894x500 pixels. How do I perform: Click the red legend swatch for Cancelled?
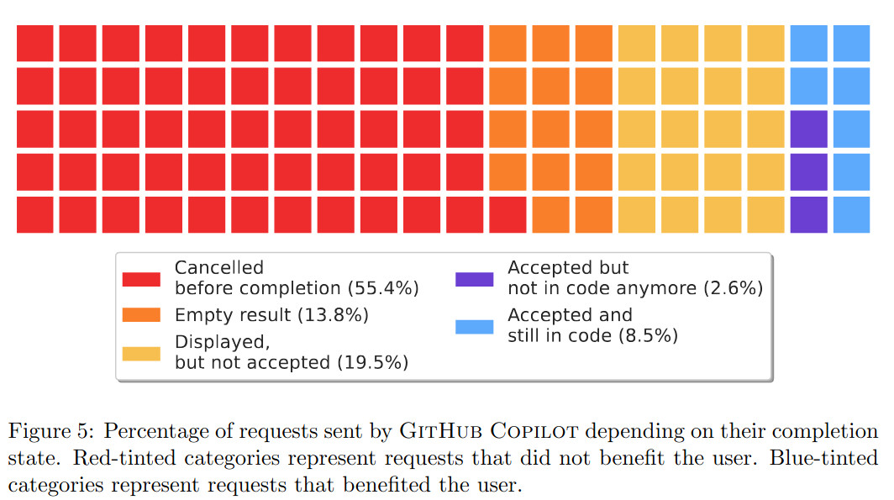[x=141, y=279]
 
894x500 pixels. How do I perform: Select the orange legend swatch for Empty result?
[x=141, y=315]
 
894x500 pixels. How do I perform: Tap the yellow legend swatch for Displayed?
[x=141, y=353]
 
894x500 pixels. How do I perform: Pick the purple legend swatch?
[x=474, y=279]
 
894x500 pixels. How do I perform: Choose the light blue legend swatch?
[x=474, y=326]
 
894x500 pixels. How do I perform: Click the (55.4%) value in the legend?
[x=383, y=288]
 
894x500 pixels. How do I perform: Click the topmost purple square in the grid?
[x=809, y=129]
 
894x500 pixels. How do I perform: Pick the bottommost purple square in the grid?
[x=809, y=214]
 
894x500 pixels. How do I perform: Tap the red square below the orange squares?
[x=507, y=214]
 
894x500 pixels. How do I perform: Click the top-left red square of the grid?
[x=35, y=43]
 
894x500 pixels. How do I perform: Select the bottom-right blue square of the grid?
[x=852, y=214]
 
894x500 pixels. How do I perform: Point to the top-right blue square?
[x=852, y=43]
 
